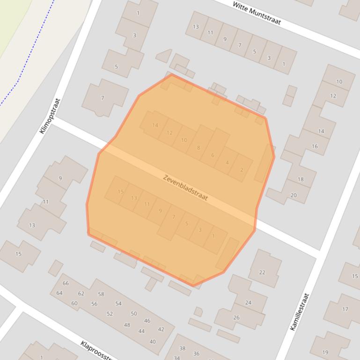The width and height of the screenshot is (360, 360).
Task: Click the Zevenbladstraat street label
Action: point(185,187)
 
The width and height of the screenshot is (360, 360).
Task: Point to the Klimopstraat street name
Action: point(51,116)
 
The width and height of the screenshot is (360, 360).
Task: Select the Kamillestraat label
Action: point(300,312)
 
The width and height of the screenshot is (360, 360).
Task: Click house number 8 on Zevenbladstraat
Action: point(198,148)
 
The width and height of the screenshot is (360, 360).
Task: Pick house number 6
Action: point(213,156)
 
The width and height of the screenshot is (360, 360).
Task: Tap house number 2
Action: point(242,170)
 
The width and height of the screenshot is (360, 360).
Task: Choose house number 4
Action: point(227,163)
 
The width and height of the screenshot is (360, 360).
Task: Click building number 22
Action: point(262,272)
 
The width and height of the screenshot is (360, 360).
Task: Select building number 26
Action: point(236,317)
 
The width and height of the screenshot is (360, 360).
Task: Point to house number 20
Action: point(294,195)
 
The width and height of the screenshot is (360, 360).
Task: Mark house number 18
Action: point(301,179)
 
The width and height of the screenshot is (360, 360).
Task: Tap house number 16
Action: point(315,146)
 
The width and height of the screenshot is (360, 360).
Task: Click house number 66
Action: point(66,283)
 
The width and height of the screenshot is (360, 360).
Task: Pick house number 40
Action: point(153,342)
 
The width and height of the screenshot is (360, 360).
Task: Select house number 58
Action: point(101,294)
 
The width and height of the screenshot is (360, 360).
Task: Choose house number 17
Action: point(345,309)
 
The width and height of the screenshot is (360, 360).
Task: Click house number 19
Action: point(325,353)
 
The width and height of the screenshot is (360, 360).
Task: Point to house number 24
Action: point(248,302)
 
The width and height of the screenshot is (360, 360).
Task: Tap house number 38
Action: point(183,348)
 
